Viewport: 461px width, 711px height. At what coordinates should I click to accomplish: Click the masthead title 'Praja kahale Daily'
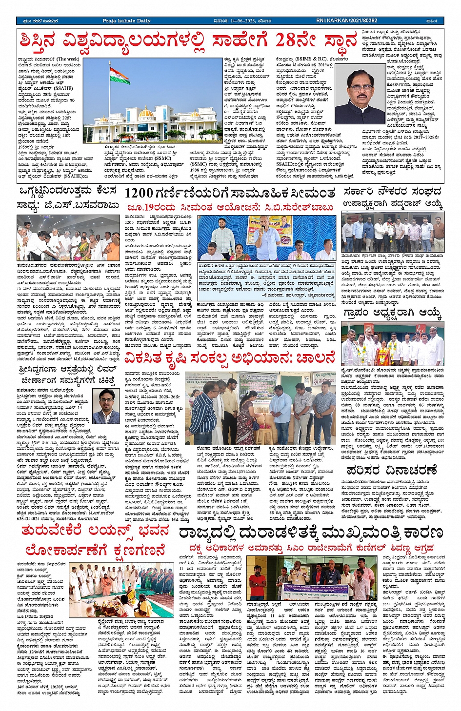(126, 21)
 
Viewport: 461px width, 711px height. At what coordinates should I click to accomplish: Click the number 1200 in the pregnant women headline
(139, 193)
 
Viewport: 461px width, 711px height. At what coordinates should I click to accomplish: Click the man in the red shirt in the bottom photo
(257, 583)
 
